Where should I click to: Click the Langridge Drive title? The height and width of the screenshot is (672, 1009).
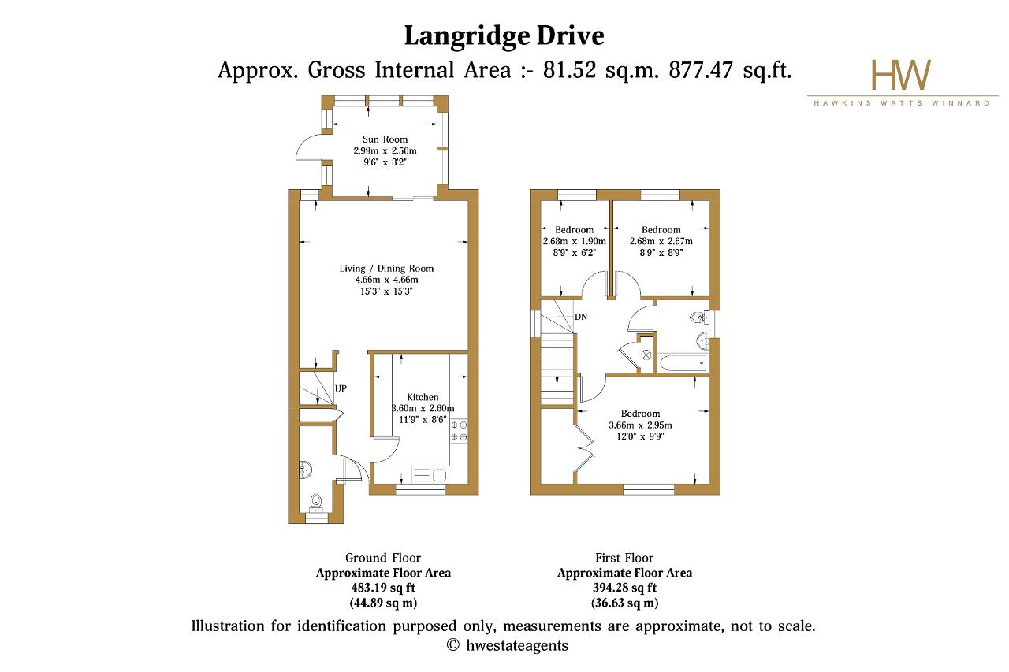(x=504, y=36)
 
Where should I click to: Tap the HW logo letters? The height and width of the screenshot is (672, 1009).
(x=901, y=75)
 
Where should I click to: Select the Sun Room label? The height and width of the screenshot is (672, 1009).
(x=385, y=139)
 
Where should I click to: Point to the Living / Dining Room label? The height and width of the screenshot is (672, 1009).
(x=386, y=269)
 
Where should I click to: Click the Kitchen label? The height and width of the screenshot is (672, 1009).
(x=423, y=397)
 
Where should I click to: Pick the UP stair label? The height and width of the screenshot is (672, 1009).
(x=341, y=388)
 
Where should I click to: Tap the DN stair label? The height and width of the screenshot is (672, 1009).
(x=581, y=317)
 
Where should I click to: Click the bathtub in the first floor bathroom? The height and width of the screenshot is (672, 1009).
(x=683, y=363)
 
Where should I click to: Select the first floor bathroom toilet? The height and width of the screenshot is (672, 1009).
(x=698, y=317)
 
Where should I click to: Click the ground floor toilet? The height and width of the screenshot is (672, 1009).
(x=317, y=503)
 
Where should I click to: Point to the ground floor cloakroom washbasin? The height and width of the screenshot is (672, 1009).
(x=305, y=470)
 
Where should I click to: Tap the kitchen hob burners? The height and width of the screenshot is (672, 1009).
(x=459, y=431)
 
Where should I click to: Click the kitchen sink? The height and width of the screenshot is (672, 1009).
(x=430, y=475)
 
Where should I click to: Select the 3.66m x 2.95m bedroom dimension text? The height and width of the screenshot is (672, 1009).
(x=640, y=425)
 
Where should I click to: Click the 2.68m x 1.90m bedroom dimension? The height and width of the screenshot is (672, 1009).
(x=575, y=241)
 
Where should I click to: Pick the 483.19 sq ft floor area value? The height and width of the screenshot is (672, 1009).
(x=383, y=588)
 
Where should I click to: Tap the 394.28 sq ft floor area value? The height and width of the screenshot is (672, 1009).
(x=625, y=588)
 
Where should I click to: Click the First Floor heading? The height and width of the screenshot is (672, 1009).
(x=624, y=558)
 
